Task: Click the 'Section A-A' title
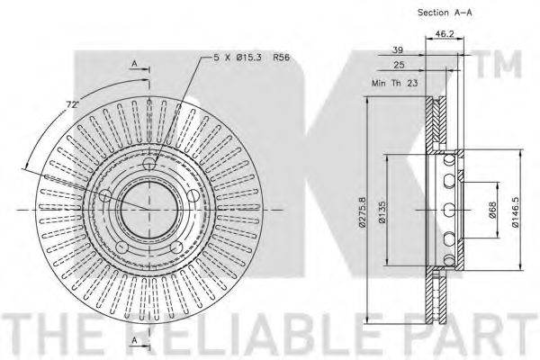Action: click(445, 13)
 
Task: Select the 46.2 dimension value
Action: click(445, 34)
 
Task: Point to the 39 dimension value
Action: click(398, 50)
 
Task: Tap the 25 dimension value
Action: click(399, 65)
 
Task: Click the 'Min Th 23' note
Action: click(395, 83)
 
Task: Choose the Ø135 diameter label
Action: click(382, 212)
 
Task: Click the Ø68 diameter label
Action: click(493, 210)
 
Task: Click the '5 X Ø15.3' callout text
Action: click(238, 58)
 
